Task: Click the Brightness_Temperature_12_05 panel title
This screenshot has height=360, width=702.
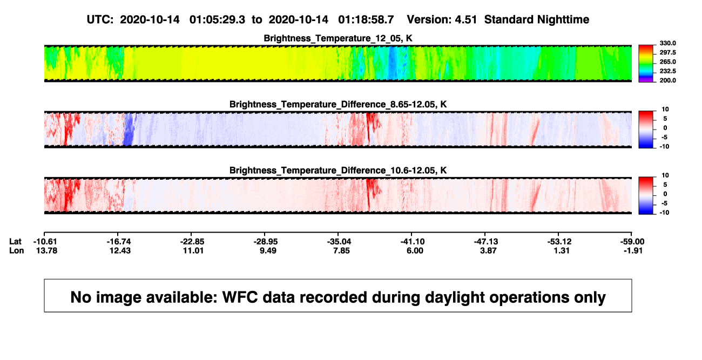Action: [338, 38]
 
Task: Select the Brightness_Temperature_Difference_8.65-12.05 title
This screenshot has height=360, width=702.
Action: [338, 104]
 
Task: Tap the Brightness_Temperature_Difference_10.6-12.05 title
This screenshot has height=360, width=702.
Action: [338, 171]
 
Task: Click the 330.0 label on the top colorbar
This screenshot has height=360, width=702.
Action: [667, 43]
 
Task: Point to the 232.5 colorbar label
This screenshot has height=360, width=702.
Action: [667, 71]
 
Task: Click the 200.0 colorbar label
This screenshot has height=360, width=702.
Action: [667, 80]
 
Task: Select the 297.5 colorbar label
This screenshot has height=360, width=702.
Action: [667, 53]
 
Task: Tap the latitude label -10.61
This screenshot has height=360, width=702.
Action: [45, 242]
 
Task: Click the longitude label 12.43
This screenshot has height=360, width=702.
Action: [120, 250]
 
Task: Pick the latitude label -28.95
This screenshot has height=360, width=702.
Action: [266, 242]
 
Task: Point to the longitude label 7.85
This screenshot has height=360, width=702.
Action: [341, 250]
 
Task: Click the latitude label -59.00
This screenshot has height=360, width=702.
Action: [632, 242]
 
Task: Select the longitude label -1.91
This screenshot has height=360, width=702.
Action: [633, 250]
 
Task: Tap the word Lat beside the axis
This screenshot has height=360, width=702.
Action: [15, 242]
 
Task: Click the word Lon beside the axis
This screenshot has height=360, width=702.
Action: [16, 250]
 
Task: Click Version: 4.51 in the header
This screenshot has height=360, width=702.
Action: [442, 20]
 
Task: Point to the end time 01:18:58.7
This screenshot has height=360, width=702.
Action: [366, 20]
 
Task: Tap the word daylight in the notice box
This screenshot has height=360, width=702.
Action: [454, 298]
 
